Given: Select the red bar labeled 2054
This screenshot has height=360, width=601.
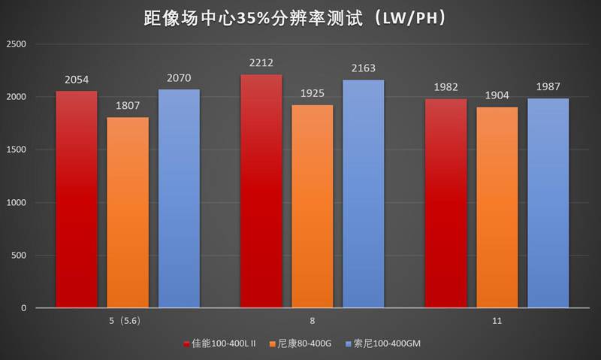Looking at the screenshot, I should click(76, 199).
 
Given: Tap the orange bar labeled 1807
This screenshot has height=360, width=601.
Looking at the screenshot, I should click(128, 213).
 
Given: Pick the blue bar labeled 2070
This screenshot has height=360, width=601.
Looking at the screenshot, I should click(179, 198).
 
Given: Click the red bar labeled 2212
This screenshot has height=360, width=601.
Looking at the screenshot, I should click(261, 191).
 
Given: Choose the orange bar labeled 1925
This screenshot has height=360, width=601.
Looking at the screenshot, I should click(313, 206).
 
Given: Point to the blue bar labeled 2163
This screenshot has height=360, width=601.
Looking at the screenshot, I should click(364, 194).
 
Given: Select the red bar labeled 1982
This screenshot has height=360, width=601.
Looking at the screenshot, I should click(445, 203).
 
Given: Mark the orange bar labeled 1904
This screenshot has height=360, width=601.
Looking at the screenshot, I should click(497, 207).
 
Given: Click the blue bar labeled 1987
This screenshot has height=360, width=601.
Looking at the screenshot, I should click(548, 203).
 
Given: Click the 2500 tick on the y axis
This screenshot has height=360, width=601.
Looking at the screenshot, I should click(16, 45).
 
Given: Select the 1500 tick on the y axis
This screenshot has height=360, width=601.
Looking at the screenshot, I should click(16, 150).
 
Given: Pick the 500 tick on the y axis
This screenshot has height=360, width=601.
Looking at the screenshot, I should click(18, 256).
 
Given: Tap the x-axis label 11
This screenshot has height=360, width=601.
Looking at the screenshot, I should click(497, 320).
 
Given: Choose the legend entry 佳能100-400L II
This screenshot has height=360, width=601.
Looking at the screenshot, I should click(224, 343).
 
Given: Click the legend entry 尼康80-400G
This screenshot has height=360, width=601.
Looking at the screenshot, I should click(306, 343).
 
